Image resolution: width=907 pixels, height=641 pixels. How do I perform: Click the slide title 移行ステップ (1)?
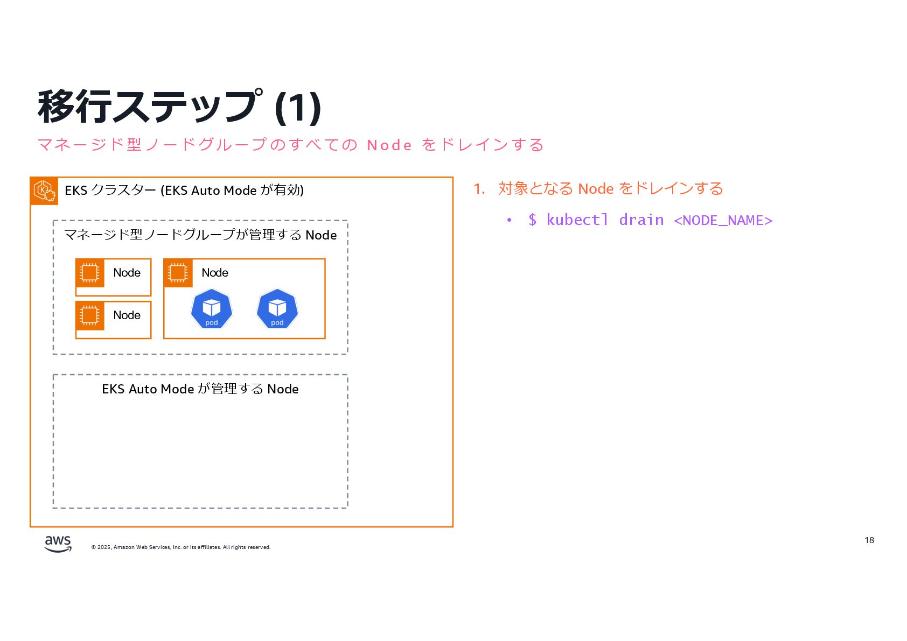click(179, 107)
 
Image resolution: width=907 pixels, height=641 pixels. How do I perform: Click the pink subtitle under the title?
click(290, 145)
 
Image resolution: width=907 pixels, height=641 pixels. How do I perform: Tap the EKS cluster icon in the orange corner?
click(44, 191)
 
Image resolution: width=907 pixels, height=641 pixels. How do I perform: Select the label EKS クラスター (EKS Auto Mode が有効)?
click(184, 191)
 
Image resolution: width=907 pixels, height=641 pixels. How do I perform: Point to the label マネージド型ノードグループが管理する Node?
click(200, 235)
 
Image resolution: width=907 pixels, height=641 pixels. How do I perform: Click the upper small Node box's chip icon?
click(90, 273)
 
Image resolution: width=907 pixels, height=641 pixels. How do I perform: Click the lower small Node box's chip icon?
click(90, 315)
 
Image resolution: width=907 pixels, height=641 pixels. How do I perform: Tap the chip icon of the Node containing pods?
click(178, 273)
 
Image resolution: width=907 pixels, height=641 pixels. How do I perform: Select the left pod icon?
click(212, 309)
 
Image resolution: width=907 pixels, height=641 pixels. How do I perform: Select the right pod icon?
click(277, 309)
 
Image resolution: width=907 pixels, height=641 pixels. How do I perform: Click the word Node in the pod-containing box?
click(215, 273)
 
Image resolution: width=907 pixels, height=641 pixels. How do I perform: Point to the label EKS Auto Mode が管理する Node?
click(200, 389)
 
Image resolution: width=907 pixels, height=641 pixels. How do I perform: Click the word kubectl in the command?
click(577, 220)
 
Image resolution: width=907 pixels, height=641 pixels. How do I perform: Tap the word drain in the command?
click(641, 220)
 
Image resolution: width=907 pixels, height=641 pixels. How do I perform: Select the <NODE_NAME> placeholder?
click(723, 220)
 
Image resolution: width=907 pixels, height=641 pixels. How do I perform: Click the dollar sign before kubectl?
click(532, 220)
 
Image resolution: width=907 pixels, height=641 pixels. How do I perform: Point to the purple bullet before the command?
click(509, 220)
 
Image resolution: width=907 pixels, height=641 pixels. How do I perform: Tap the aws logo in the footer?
click(58, 544)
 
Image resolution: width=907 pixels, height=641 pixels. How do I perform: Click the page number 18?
click(869, 540)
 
